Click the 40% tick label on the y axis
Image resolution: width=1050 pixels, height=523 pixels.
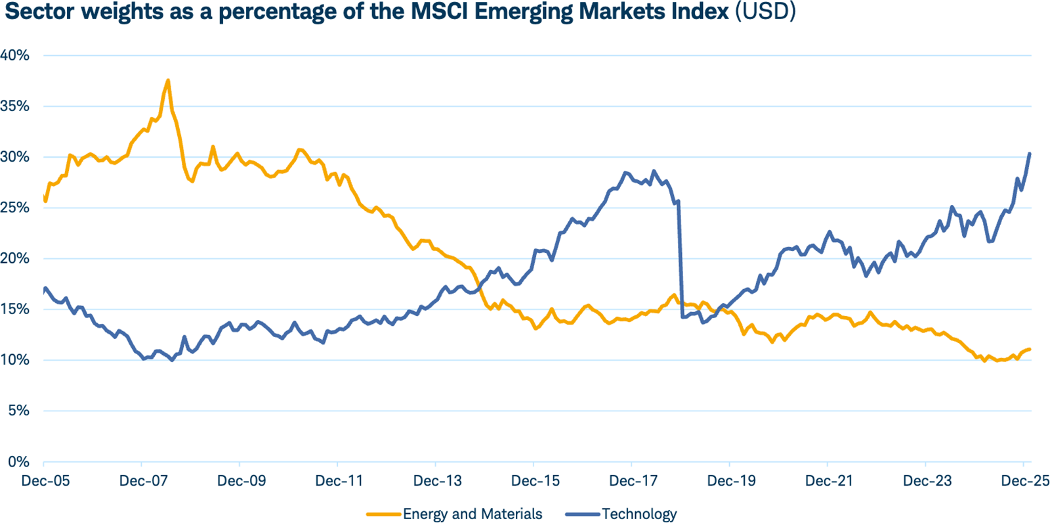[15, 56]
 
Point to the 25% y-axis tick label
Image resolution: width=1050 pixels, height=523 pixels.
[15, 208]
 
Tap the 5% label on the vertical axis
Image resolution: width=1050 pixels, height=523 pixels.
[18, 411]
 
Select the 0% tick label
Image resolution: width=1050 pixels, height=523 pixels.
[18, 462]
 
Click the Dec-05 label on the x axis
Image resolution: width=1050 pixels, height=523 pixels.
[45, 481]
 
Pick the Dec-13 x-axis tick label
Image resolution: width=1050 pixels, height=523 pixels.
[437, 481]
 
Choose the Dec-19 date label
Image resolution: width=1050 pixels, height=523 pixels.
[731, 481]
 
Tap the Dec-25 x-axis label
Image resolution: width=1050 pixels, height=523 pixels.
[1024, 481]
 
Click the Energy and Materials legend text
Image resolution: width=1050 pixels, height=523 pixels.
[472, 514]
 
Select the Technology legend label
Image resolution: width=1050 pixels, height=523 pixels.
[639, 514]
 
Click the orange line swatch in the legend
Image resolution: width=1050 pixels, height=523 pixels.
[383, 514]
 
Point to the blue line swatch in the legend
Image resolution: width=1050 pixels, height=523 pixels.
[582, 514]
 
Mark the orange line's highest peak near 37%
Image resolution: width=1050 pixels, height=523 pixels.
[169, 81]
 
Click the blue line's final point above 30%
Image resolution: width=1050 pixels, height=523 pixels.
[1030, 154]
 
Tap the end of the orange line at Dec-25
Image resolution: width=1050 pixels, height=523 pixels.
[1030, 349]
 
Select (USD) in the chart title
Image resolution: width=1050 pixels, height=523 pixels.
[765, 12]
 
